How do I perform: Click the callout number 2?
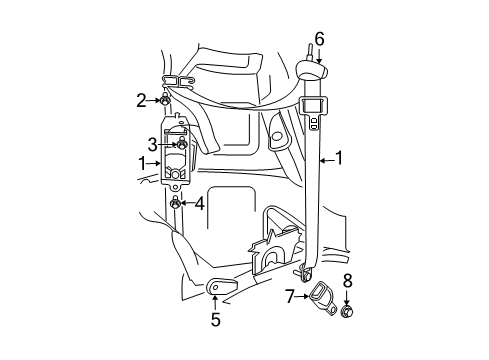[x=142, y=99]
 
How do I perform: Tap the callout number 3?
[x=152, y=143]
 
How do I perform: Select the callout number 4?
[x=200, y=205]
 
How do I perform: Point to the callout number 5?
[x=215, y=320]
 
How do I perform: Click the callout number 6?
[x=319, y=39]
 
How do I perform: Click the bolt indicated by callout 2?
[x=165, y=99]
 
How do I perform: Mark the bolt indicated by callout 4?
[x=177, y=205]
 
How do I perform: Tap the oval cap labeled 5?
[x=216, y=288]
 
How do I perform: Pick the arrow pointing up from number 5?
[x=215, y=303]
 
